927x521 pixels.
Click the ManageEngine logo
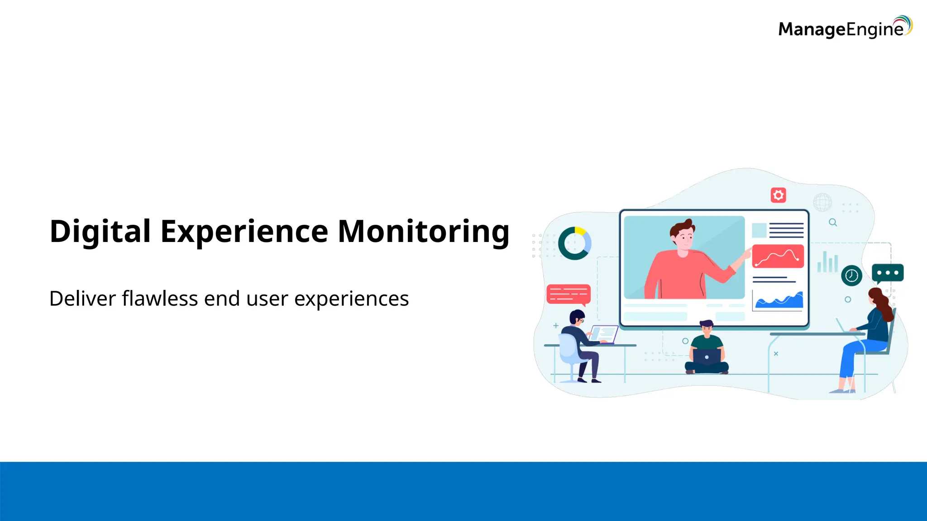coord(845,28)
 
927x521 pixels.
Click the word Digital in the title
coord(100,232)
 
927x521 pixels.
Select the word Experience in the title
coord(244,232)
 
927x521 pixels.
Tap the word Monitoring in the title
coord(424,232)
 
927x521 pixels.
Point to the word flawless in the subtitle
coord(160,298)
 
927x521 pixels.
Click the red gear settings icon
coord(778,195)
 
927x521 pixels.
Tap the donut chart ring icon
coord(574,243)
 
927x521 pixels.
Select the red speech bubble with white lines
coord(569,294)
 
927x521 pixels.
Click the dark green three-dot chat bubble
coord(887,273)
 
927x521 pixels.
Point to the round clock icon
coord(851,275)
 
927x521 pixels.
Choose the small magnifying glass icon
coord(832,223)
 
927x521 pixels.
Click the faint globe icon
coord(822,202)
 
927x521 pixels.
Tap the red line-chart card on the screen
coord(778,256)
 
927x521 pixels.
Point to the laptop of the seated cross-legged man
coord(707,357)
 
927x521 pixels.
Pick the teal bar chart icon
coord(827,262)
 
